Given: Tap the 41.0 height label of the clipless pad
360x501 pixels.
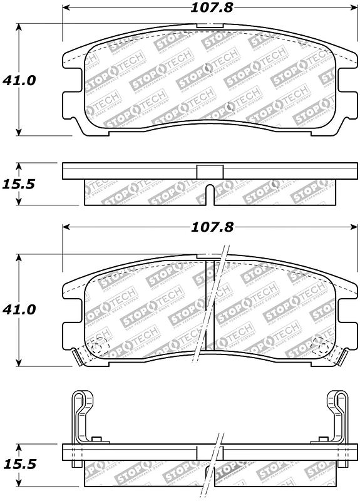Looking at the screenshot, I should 19,80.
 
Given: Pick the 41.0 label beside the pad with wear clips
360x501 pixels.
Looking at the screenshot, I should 19,309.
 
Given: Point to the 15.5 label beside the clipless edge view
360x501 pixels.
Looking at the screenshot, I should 19,185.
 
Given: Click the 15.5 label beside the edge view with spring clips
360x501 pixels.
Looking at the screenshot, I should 19,465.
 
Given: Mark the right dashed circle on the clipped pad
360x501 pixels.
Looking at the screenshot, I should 320,345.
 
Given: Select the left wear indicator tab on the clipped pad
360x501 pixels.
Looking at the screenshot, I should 79,358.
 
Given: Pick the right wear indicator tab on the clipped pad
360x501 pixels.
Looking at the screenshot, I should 342,358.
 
